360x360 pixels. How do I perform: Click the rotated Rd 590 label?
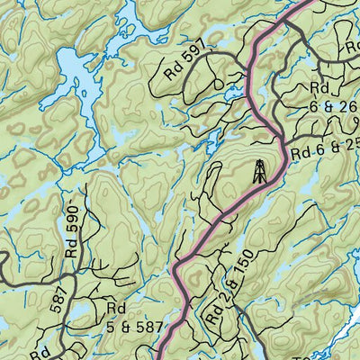(x=73, y=233)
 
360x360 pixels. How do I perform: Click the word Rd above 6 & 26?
(x=319, y=88)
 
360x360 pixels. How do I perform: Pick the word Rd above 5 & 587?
(x=114, y=309)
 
